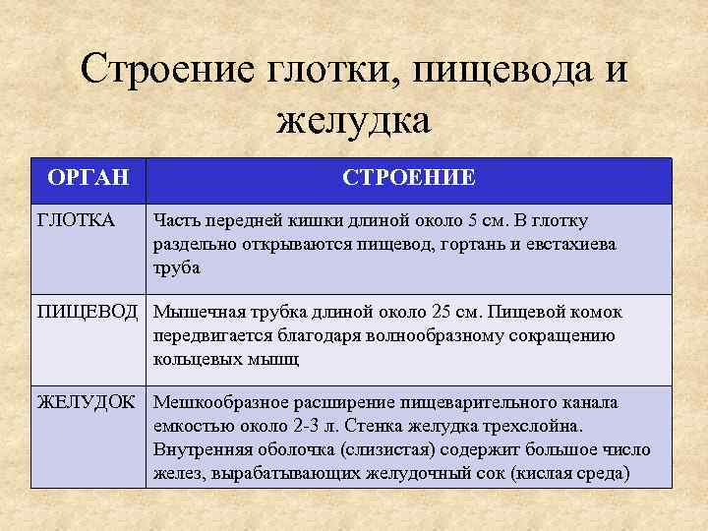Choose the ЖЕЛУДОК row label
click(91, 403)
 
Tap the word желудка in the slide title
click(354, 122)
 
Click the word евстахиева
click(570, 244)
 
